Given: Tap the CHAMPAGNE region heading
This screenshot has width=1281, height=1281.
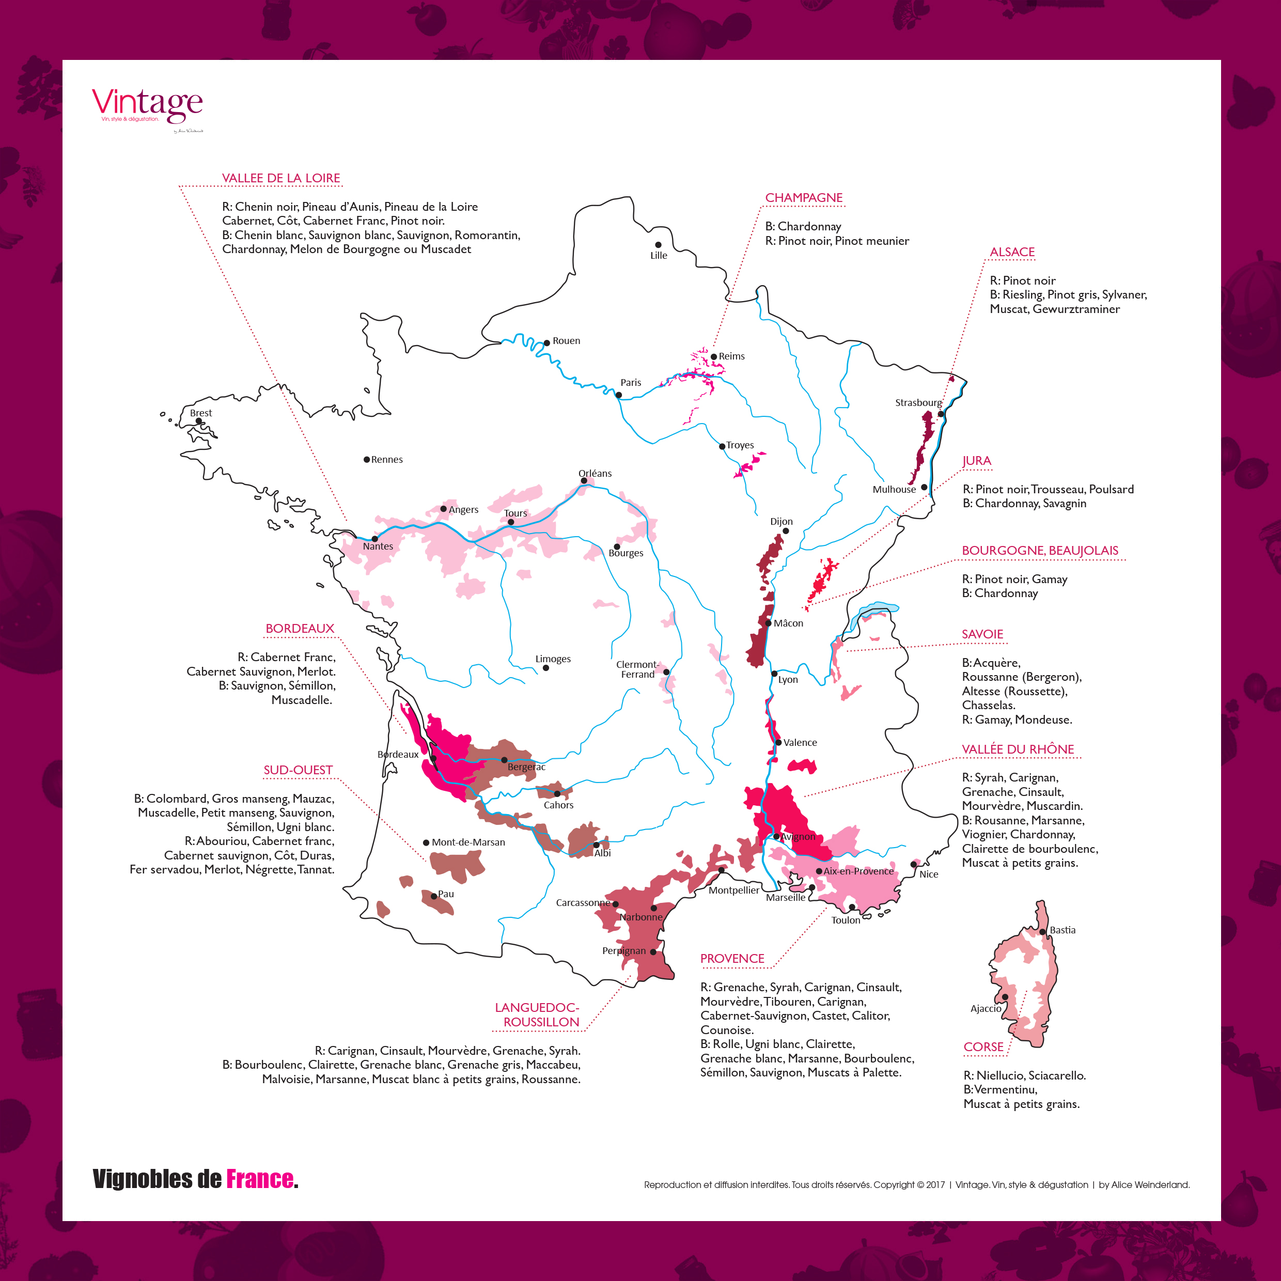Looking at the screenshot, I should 804,198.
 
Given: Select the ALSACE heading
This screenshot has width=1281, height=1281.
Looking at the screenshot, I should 1012,252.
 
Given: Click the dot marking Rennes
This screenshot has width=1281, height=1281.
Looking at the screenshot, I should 367,460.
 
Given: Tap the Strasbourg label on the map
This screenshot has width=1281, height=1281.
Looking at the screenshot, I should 918,402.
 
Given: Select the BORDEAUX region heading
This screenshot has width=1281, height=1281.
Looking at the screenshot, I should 300,629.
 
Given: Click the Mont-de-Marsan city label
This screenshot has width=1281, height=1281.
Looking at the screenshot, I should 468,842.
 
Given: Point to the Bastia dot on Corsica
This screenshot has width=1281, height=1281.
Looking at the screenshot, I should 1042,932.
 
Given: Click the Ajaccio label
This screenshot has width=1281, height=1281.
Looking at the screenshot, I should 985,1008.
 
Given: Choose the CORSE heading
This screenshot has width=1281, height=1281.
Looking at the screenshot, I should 983,1047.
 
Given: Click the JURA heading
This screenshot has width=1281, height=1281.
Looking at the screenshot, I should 977,461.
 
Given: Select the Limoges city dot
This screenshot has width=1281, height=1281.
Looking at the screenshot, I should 545,668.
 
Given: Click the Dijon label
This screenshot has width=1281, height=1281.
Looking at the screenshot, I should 781,522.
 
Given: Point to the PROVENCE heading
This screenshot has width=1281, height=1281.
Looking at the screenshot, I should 732,959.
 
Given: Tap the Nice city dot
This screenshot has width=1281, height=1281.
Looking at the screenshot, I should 914,864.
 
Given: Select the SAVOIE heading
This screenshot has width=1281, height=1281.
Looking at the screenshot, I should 982,634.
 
